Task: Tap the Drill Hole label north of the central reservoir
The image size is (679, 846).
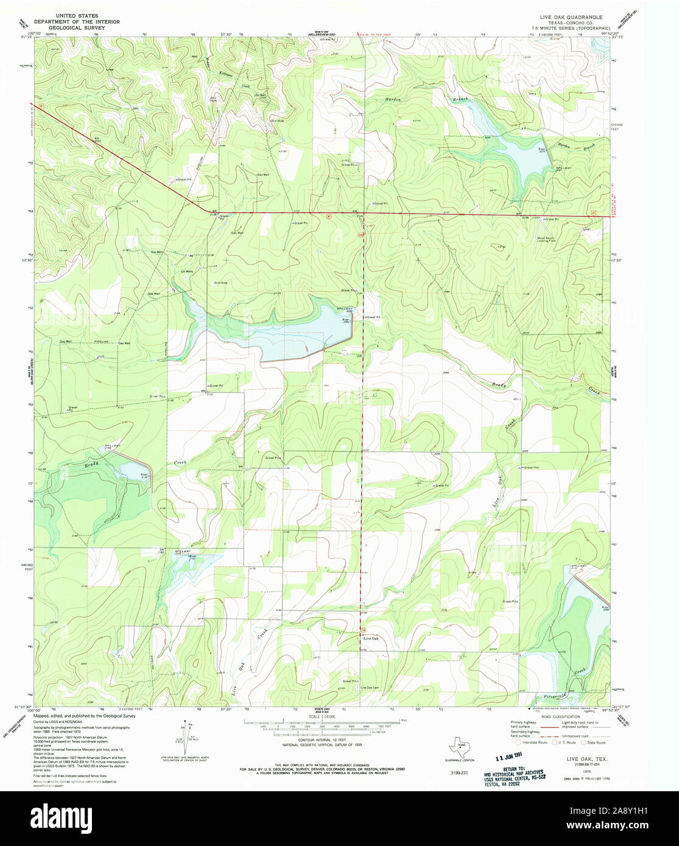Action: pos(220,282)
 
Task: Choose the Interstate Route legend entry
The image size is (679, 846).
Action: pos(531,743)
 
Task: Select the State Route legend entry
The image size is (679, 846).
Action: pos(594,743)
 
